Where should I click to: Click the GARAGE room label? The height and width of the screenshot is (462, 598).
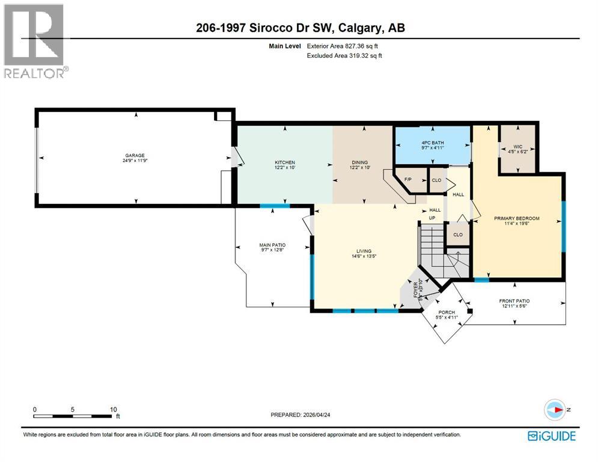[x=135, y=155]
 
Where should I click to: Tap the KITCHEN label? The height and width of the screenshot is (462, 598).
[x=284, y=162]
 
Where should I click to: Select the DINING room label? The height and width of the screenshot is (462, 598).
[x=359, y=162]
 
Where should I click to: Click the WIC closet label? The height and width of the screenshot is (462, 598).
[x=517, y=146]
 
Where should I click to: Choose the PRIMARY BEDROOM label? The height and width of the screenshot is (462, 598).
[x=516, y=218]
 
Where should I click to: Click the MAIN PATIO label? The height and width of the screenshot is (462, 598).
[x=272, y=245]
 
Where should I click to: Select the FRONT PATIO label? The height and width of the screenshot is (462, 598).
[x=514, y=301]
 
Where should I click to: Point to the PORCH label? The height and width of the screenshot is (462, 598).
[x=446, y=312]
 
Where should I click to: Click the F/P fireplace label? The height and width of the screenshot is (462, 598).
[x=408, y=179]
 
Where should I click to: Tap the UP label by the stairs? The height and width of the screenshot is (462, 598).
[x=432, y=218]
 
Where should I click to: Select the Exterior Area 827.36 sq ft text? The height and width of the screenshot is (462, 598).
[x=344, y=45]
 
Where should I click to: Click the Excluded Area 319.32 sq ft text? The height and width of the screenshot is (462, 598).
[x=344, y=55]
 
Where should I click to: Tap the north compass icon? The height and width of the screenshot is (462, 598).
[x=556, y=410]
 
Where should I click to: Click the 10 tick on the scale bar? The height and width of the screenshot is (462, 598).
[x=113, y=409]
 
